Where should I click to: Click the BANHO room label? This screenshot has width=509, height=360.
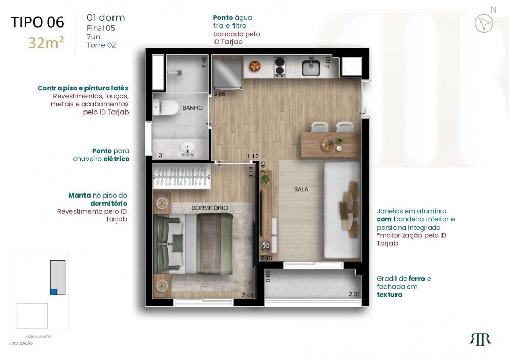tap(192, 108)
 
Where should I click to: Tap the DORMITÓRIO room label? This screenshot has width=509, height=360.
tap(209, 208)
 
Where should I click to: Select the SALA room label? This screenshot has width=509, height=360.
tap(301, 189)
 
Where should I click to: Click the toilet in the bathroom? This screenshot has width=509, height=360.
tap(165, 107)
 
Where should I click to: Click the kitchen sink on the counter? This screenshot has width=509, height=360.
tap(310, 67)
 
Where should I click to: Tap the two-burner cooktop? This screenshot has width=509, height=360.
tap(280, 67)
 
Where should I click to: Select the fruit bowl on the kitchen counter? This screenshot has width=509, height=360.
tap(255, 67)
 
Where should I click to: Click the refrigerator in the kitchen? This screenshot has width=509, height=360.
tap(227, 74)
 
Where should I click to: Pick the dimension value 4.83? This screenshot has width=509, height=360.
tap(328, 62)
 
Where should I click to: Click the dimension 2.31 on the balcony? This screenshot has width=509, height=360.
tap(354, 294)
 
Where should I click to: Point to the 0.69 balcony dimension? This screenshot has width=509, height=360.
tap(268, 276)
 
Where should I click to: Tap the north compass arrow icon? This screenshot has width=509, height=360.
tap(484, 23)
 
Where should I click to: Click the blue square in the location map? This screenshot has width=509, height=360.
tap(54, 291)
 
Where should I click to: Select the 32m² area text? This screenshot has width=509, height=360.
tap(46, 43)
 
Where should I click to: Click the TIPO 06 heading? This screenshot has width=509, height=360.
tap(37, 22)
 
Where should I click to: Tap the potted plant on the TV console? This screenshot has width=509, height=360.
tap(265, 180)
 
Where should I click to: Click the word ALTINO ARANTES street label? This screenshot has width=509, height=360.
tap(38, 336)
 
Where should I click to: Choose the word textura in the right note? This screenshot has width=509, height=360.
tap(389, 295)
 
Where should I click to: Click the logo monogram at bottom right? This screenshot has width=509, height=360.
tap(480, 340)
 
